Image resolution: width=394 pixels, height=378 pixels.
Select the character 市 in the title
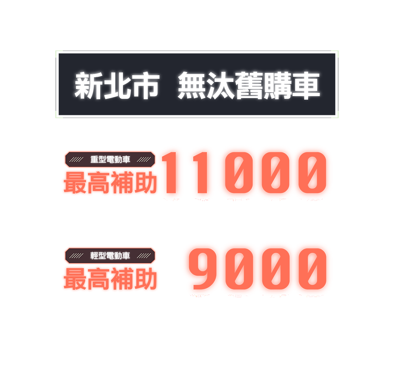(x=145, y=85)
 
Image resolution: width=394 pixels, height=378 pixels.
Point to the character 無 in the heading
(x=191, y=85)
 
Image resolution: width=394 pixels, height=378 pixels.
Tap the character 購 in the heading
(x=277, y=85)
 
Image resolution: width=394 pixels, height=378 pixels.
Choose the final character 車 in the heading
(x=306, y=85)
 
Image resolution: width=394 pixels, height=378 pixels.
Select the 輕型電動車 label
(x=110, y=256)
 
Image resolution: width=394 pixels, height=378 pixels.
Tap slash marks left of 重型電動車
(x=76, y=159)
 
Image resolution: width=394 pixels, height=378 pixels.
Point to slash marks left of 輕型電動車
(x=76, y=256)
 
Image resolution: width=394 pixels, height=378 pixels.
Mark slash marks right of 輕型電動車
(x=145, y=256)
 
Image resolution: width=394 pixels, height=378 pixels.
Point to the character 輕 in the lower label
(x=95, y=256)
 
